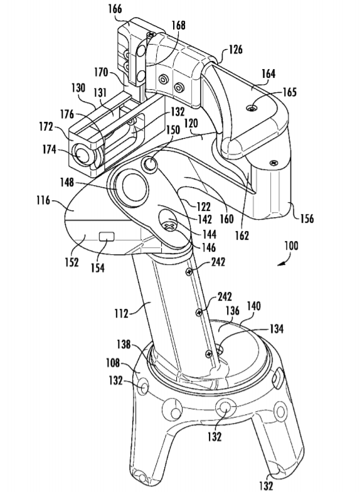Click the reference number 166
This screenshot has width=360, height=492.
coord(115,9)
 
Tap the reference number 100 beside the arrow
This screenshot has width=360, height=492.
coord(291,246)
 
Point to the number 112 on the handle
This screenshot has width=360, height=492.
coord(122,313)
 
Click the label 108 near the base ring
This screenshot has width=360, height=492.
coord(113,363)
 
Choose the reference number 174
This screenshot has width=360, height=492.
coord(50,150)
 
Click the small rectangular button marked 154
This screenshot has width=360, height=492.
coord(107,236)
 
